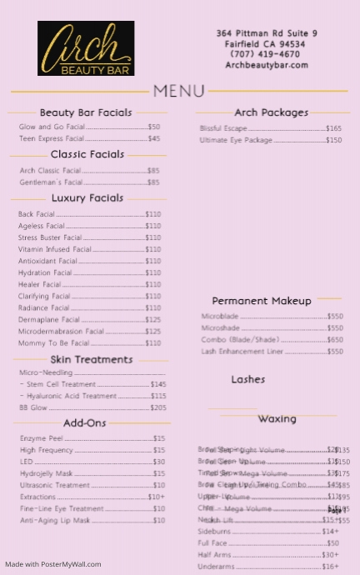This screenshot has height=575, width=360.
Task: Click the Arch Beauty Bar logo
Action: point(85,49)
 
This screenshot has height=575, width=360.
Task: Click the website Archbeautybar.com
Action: point(267,65)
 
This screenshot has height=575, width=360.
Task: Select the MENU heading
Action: point(179,91)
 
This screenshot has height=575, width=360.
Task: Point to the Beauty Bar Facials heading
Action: point(86,112)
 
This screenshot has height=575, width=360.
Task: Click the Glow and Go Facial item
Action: point(52,127)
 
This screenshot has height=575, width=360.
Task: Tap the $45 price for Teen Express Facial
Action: point(153,139)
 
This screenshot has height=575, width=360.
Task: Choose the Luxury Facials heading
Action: point(87,198)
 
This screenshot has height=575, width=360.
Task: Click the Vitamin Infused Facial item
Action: point(55,249)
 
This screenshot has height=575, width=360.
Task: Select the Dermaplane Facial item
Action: point(49,319)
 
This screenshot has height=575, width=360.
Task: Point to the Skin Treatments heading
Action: point(92,360)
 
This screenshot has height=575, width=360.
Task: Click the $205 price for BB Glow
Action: point(157,408)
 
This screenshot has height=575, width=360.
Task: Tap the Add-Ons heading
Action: point(85,423)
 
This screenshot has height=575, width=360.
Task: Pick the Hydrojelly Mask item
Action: point(47,473)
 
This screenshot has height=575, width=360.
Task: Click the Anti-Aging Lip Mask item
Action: point(55,520)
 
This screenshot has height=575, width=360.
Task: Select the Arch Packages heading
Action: point(271,112)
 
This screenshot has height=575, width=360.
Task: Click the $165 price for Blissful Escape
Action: point(333,129)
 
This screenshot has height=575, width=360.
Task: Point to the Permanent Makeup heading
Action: point(262,301)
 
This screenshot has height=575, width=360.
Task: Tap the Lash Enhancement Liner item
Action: point(242,352)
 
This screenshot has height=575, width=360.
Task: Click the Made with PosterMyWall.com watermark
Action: point(53,564)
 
